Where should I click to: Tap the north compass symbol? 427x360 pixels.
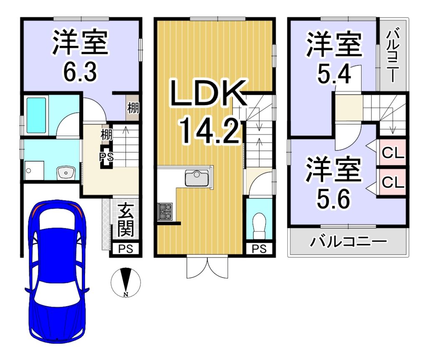click(126, 282)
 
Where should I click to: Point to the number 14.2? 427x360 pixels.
click(210, 132)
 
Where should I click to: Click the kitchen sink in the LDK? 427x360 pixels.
click(197, 178)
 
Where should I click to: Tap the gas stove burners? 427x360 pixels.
click(165, 211)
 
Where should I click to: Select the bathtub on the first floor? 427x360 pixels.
click(36, 115)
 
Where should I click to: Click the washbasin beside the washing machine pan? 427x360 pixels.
click(65, 172)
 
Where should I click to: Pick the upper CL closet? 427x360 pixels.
click(392, 153)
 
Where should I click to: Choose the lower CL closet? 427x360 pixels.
click(392, 182)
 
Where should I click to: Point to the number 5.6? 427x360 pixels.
click(333, 199)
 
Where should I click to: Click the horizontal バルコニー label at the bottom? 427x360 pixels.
click(349, 242)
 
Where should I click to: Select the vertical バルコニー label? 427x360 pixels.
click(392, 56)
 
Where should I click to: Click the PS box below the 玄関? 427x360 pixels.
click(126, 249)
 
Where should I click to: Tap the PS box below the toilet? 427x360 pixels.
click(259, 249)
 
